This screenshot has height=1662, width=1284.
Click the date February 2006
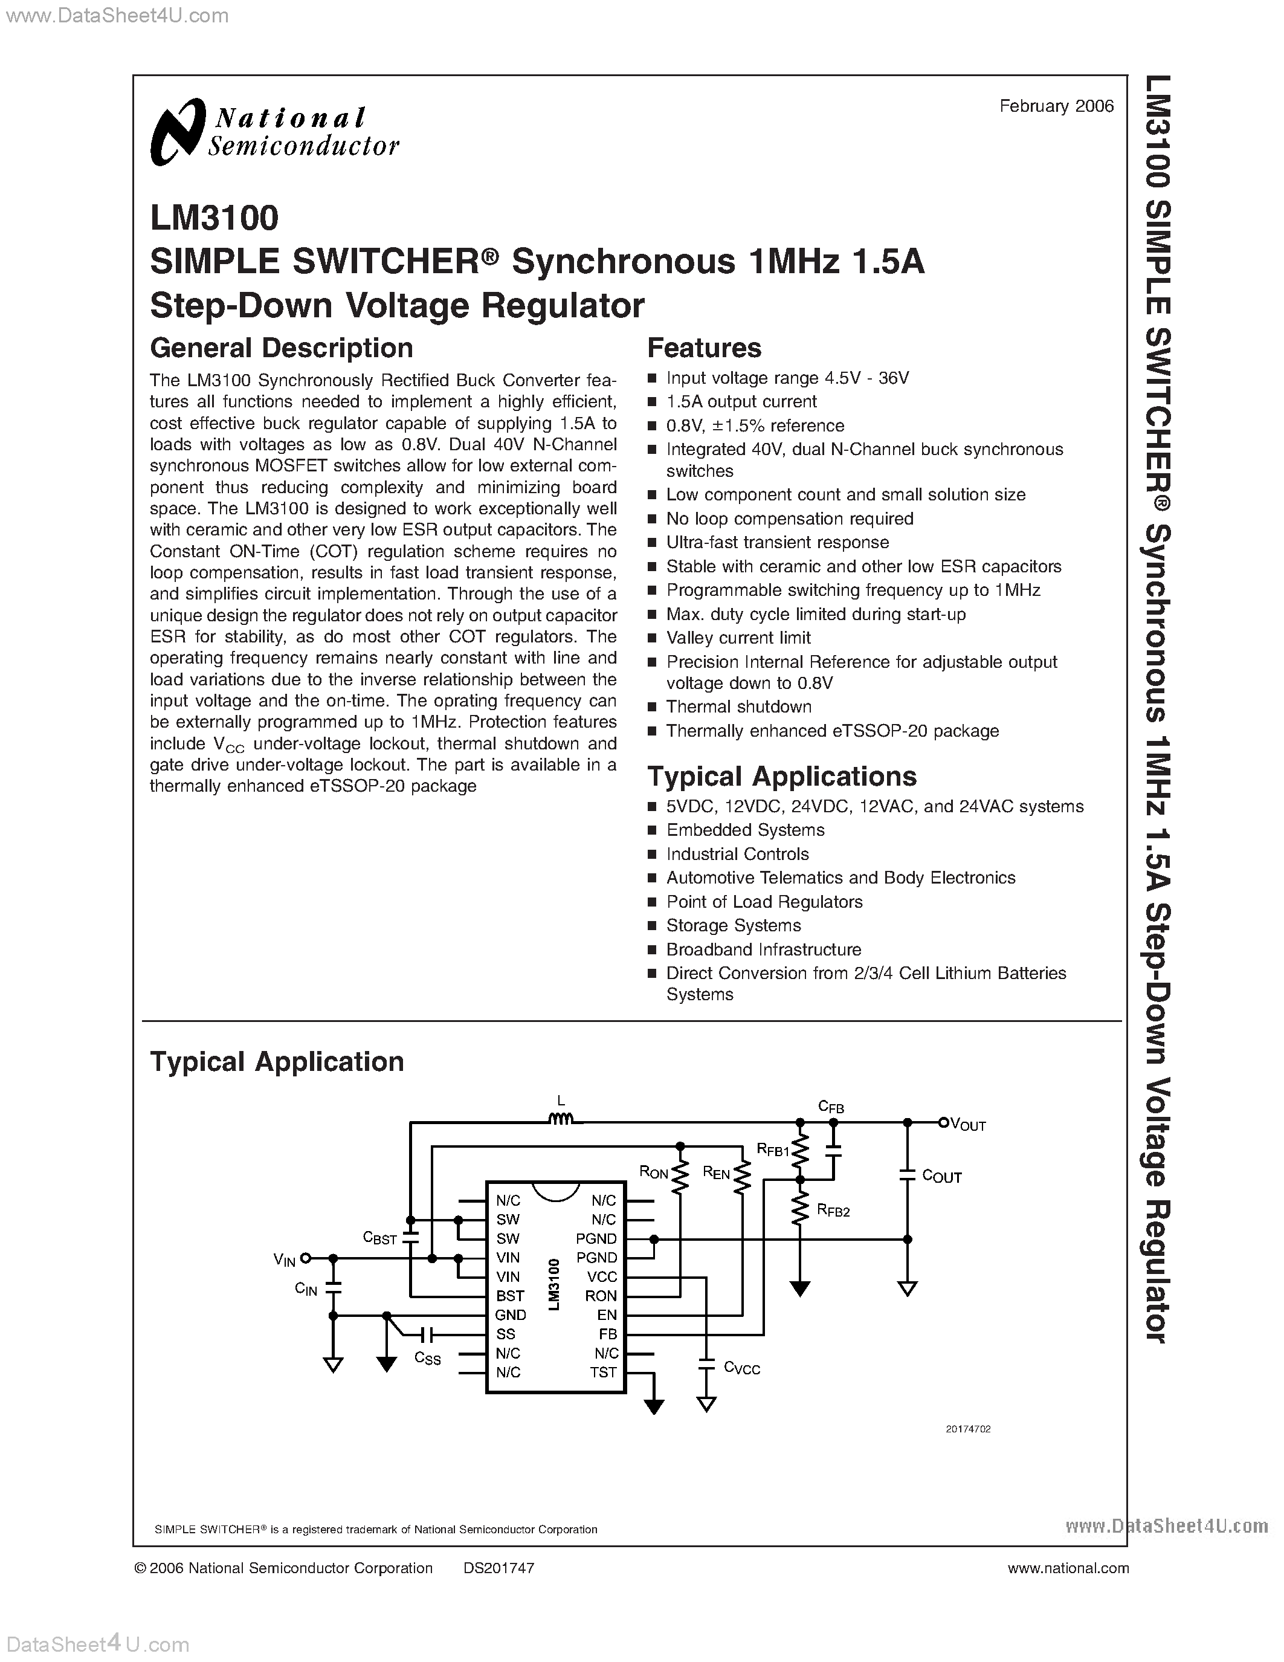[x=1056, y=106]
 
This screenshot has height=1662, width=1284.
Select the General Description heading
[x=282, y=348]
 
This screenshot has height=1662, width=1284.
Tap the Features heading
[x=703, y=348]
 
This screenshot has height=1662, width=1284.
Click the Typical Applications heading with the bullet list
[x=781, y=776]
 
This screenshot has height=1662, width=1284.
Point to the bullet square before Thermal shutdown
[x=652, y=708]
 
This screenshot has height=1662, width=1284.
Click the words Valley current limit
[x=738, y=638]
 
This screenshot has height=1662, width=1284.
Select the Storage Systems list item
[x=734, y=925]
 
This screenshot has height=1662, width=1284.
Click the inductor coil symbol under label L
[x=561, y=1119]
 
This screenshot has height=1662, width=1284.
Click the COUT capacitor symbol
[x=907, y=1175]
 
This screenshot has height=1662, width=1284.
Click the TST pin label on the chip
[x=602, y=1372]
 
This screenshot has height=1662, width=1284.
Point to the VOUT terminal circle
[x=943, y=1122]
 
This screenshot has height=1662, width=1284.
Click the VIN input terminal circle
[x=306, y=1258]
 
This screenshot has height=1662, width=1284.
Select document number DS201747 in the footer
[x=498, y=1568]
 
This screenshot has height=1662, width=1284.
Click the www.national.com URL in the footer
[x=1067, y=1568]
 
